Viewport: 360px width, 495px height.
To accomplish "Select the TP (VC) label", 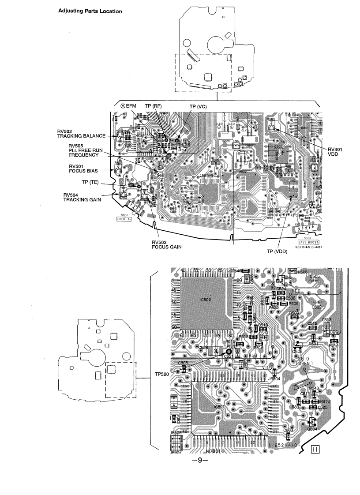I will pyautogui.click(x=198, y=106).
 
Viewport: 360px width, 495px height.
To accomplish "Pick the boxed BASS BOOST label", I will pyautogui.click(x=308, y=242).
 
